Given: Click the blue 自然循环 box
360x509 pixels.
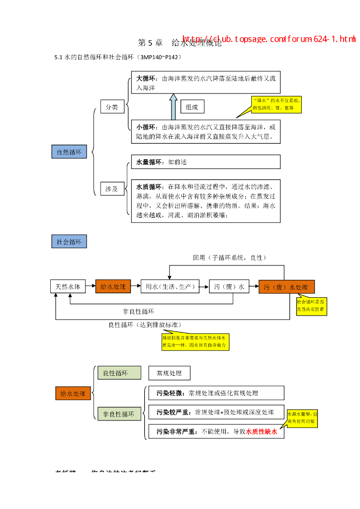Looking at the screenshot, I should (69, 152).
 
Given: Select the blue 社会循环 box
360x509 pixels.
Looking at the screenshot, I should (69, 242).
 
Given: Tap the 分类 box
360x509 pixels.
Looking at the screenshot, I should (112, 107).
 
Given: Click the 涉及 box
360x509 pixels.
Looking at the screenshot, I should (112, 188).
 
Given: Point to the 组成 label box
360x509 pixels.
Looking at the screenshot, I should (192, 107).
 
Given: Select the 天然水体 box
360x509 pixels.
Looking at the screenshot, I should (68, 286).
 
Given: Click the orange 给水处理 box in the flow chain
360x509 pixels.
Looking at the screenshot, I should (113, 286).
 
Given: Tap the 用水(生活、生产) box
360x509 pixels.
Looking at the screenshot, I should (170, 286).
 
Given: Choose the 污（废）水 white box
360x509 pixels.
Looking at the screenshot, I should (229, 286).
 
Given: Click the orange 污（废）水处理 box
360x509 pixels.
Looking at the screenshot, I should (286, 287).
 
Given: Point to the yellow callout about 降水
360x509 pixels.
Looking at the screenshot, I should (276, 104).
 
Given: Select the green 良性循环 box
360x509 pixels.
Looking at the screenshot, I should (119, 373).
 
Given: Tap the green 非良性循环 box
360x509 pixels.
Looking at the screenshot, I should (119, 414).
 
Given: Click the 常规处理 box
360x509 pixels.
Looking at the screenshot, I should (169, 373).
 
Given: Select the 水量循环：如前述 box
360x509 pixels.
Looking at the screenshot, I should (205, 162).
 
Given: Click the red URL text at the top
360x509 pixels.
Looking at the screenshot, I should (269, 39).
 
